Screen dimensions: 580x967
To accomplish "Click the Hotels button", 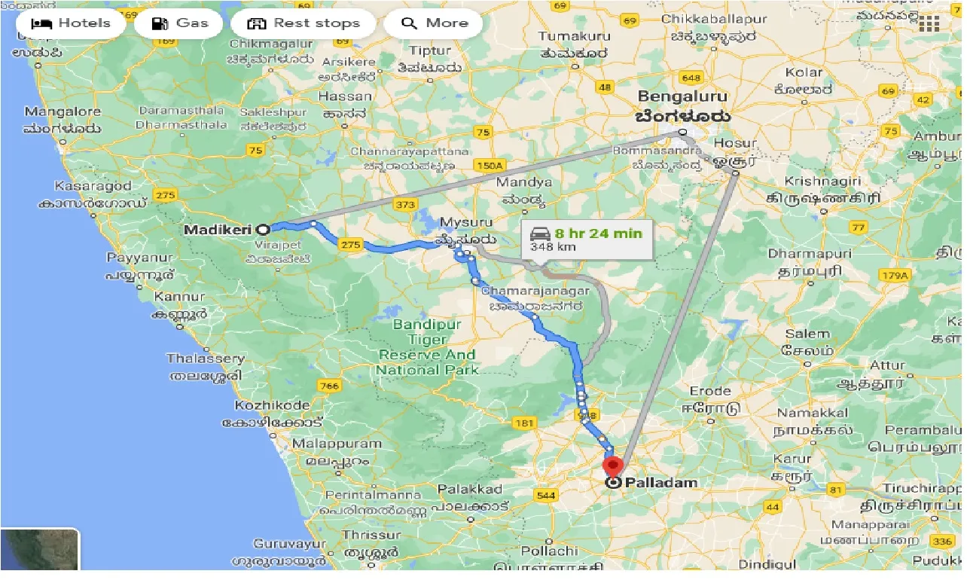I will (x=71, y=23).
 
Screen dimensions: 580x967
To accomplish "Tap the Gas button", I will (x=180, y=23).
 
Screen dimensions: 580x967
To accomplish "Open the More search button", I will (x=434, y=23).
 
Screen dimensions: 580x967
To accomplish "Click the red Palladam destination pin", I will (x=614, y=465).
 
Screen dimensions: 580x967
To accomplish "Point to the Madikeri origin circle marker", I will (x=263, y=229).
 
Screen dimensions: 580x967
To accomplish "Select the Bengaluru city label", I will (x=682, y=96).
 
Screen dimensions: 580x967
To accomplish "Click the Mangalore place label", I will (x=63, y=112).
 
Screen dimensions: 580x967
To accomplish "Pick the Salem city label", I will (x=807, y=333).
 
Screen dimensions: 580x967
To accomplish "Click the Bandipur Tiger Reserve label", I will (x=427, y=347).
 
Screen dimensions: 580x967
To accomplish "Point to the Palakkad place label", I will (x=470, y=490).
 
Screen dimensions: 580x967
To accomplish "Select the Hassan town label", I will (x=345, y=96).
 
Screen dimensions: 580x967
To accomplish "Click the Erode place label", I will (x=710, y=390).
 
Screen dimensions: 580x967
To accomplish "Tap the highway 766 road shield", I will (x=330, y=386).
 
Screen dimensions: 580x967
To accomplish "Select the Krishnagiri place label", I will (x=814, y=182).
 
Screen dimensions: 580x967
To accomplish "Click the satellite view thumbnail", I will (x=40, y=550).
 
